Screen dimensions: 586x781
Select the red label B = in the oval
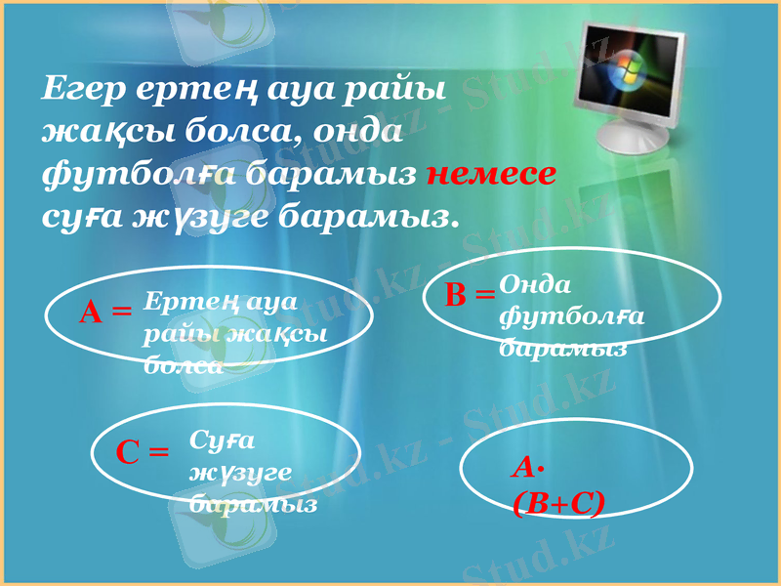[x=471, y=295]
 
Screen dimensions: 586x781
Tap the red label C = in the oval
[x=143, y=451]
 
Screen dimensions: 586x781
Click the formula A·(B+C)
[x=557, y=485]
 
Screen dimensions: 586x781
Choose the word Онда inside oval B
[x=535, y=282]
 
